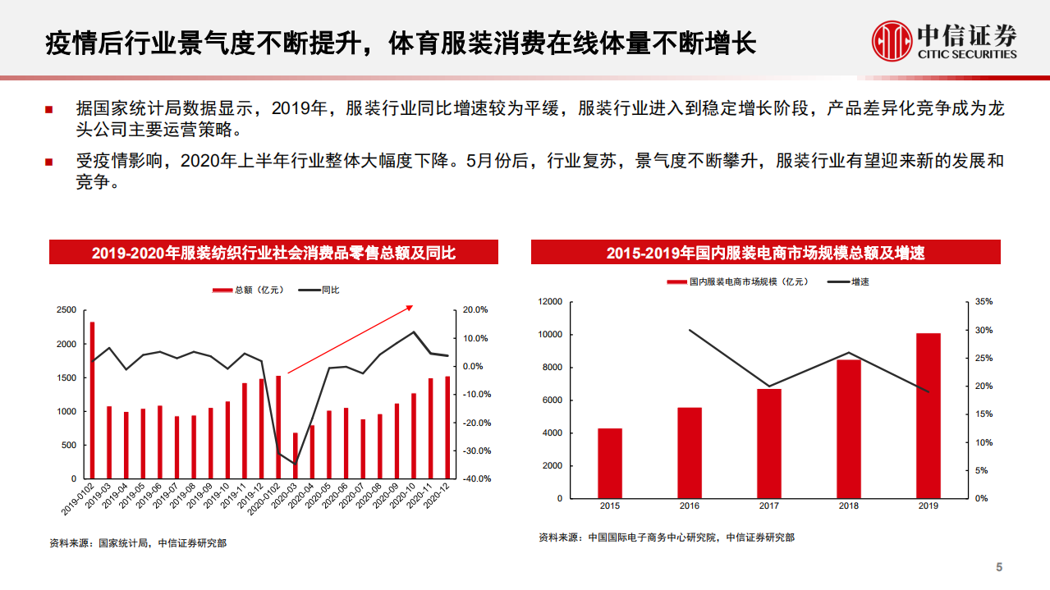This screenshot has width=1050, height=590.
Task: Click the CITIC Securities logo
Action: click(x=944, y=40)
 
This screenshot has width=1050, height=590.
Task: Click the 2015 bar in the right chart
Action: click(x=610, y=463)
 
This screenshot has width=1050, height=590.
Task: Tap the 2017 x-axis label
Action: click(x=769, y=506)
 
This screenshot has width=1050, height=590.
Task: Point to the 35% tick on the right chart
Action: click(x=984, y=302)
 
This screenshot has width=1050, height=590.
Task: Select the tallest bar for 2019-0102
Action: click(x=92, y=400)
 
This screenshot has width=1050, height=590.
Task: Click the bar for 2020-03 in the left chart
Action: click(x=296, y=455)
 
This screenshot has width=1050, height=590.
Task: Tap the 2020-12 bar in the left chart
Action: click(x=447, y=428)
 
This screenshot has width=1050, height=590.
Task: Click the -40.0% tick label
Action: click(x=475, y=479)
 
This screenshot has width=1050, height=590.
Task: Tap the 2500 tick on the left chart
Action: click(x=66, y=310)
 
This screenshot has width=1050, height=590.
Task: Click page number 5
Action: click(x=999, y=567)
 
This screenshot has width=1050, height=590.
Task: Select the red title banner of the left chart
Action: click(x=273, y=253)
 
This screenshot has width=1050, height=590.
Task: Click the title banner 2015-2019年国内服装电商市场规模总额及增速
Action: click(x=765, y=253)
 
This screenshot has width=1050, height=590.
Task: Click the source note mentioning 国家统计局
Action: click(x=138, y=542)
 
